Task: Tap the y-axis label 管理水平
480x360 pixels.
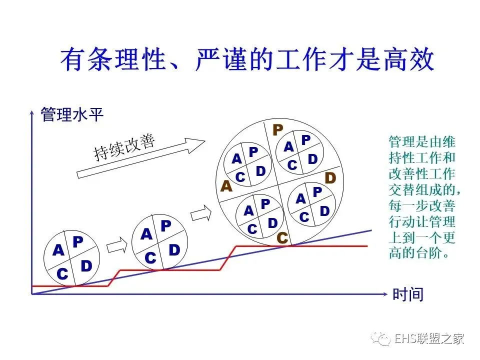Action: (x=72, y=115)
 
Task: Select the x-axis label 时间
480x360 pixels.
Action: (x=408, y=294)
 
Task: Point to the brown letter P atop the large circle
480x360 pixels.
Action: (x=277, y=130)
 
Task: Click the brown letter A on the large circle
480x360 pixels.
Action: (x=226, y=186)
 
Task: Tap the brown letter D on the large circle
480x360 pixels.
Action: (x=330, y=178)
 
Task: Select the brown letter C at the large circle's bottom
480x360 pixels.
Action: (x=282, y=238)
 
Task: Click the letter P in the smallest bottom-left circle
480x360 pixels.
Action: (x=77, y=242)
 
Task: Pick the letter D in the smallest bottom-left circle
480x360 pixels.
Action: (x=86, y=266)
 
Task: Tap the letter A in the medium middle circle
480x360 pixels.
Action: (x=146, y=234)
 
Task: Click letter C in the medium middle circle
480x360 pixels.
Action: (x=150, y=258)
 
